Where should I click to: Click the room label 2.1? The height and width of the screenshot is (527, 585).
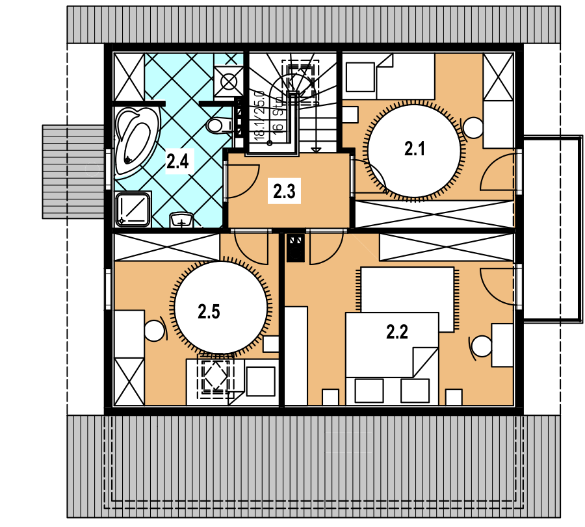(x=415, y=149)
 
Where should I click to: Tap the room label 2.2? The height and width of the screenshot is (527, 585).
(x=397, y=331)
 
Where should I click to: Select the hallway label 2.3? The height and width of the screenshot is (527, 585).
(x=284, y=192)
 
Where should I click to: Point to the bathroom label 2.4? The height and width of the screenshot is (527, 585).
(x=177, y=162)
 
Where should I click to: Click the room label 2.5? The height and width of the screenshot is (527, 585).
(x=209, y=311)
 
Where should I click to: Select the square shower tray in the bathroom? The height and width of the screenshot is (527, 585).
(x=133, y=210)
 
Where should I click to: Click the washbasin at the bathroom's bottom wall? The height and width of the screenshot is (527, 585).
(x=181, y=220)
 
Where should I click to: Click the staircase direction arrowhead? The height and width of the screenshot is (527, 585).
(x=316, y=150)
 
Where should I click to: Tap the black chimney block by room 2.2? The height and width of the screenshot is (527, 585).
(x=296, y=248)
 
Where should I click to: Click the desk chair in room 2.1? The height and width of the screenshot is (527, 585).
(x=473, y=127)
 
